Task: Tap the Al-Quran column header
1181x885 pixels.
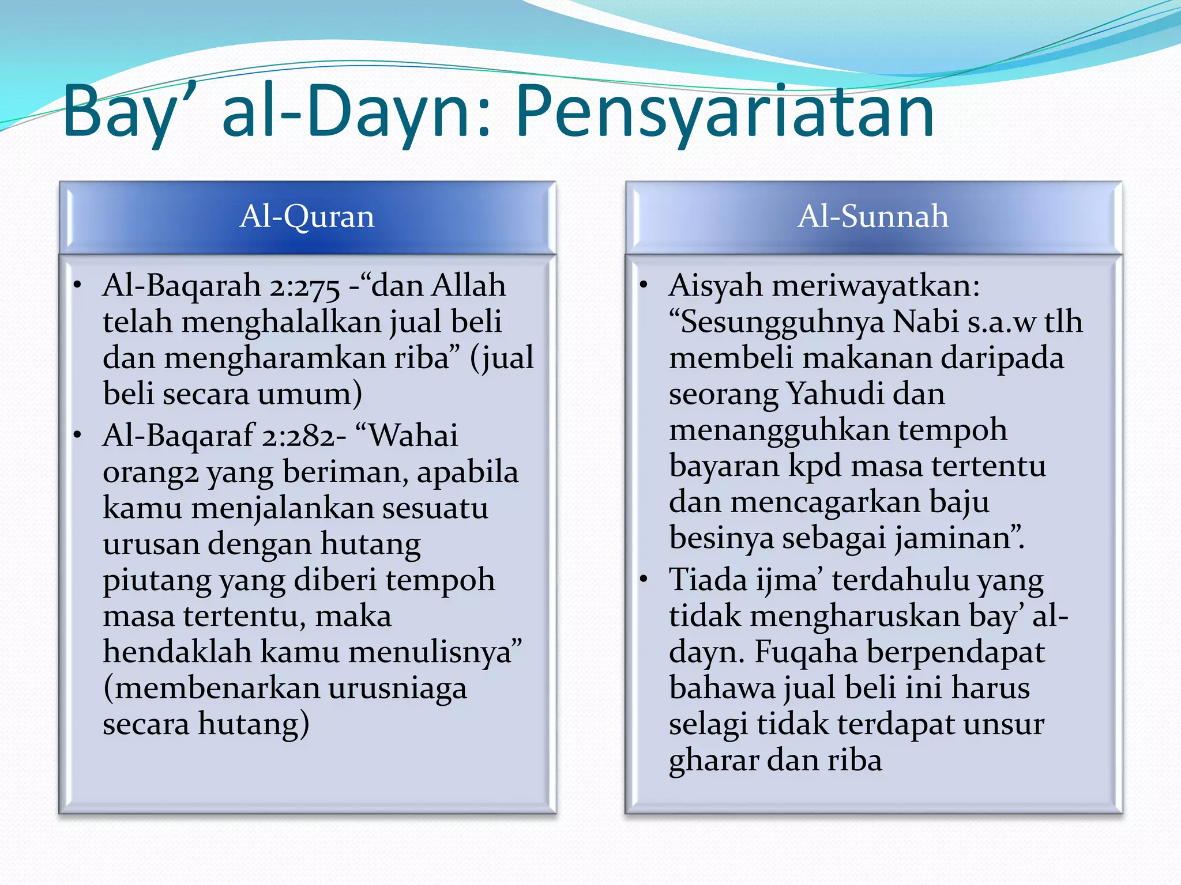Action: pyautogui.click(x=307, y=217)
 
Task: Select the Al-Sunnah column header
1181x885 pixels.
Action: pyautogui.click(x=872, y=217)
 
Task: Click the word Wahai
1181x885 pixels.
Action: pyautogui.click(x=414, y=436)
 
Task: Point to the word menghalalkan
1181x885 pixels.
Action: pyautogui.click(x=281, y=322)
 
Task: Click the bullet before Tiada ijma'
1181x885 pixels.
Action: pyautogui.click(x=644, y=579)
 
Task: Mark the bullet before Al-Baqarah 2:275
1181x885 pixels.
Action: pyautogui.click(x=77, y=286)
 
